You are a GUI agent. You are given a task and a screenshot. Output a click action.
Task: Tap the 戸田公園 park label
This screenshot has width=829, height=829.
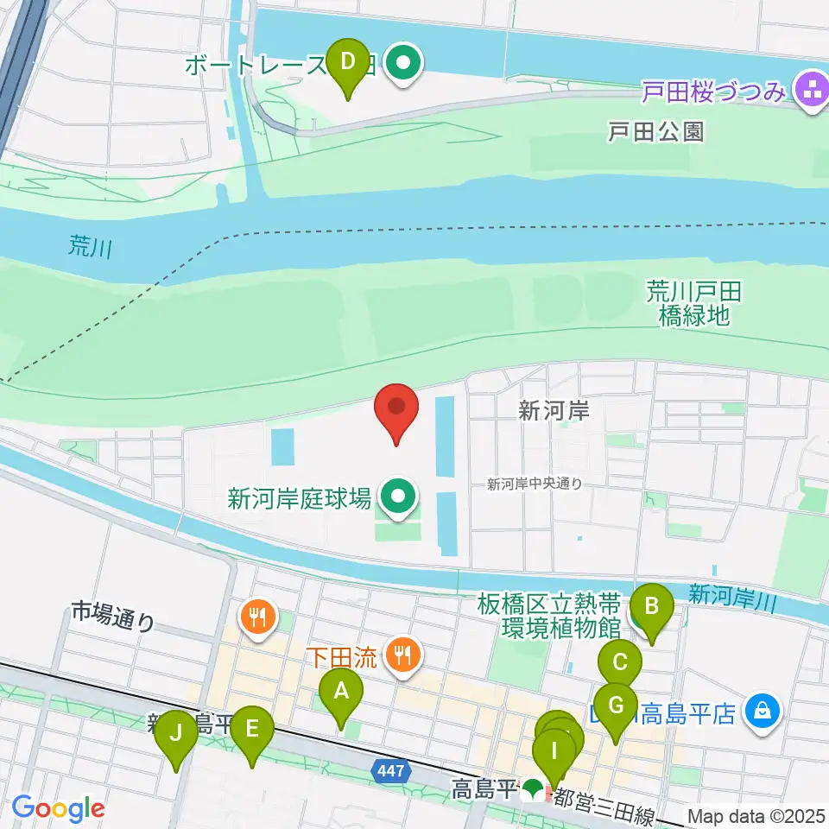click(655, 131)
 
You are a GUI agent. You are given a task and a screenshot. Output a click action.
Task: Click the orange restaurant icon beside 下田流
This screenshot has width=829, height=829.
click(402, 655)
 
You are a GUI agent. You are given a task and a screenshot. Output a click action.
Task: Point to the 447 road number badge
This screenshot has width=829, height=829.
click(391, 769)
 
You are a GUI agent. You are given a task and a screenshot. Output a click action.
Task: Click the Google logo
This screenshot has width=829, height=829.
click(58, 808)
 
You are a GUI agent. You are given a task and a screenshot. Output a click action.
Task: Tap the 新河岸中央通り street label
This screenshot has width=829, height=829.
click(535, 484)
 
